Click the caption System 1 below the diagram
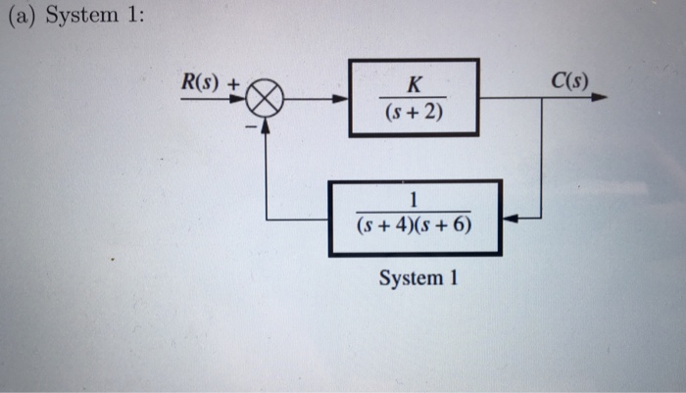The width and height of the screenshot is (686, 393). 418,278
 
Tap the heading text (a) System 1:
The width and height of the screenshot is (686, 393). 74,20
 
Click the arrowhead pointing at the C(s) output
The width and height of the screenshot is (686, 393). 599,98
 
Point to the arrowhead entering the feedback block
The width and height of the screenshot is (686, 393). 510,218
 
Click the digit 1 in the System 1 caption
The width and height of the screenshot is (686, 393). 453,278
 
